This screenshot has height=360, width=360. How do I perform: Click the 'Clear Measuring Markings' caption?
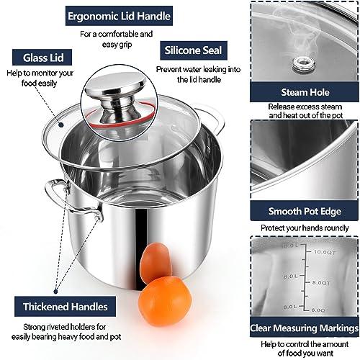click(304, 329)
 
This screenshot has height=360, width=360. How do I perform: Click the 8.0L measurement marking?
click(270, 275)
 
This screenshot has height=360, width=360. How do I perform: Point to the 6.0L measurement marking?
click(270, 307)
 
